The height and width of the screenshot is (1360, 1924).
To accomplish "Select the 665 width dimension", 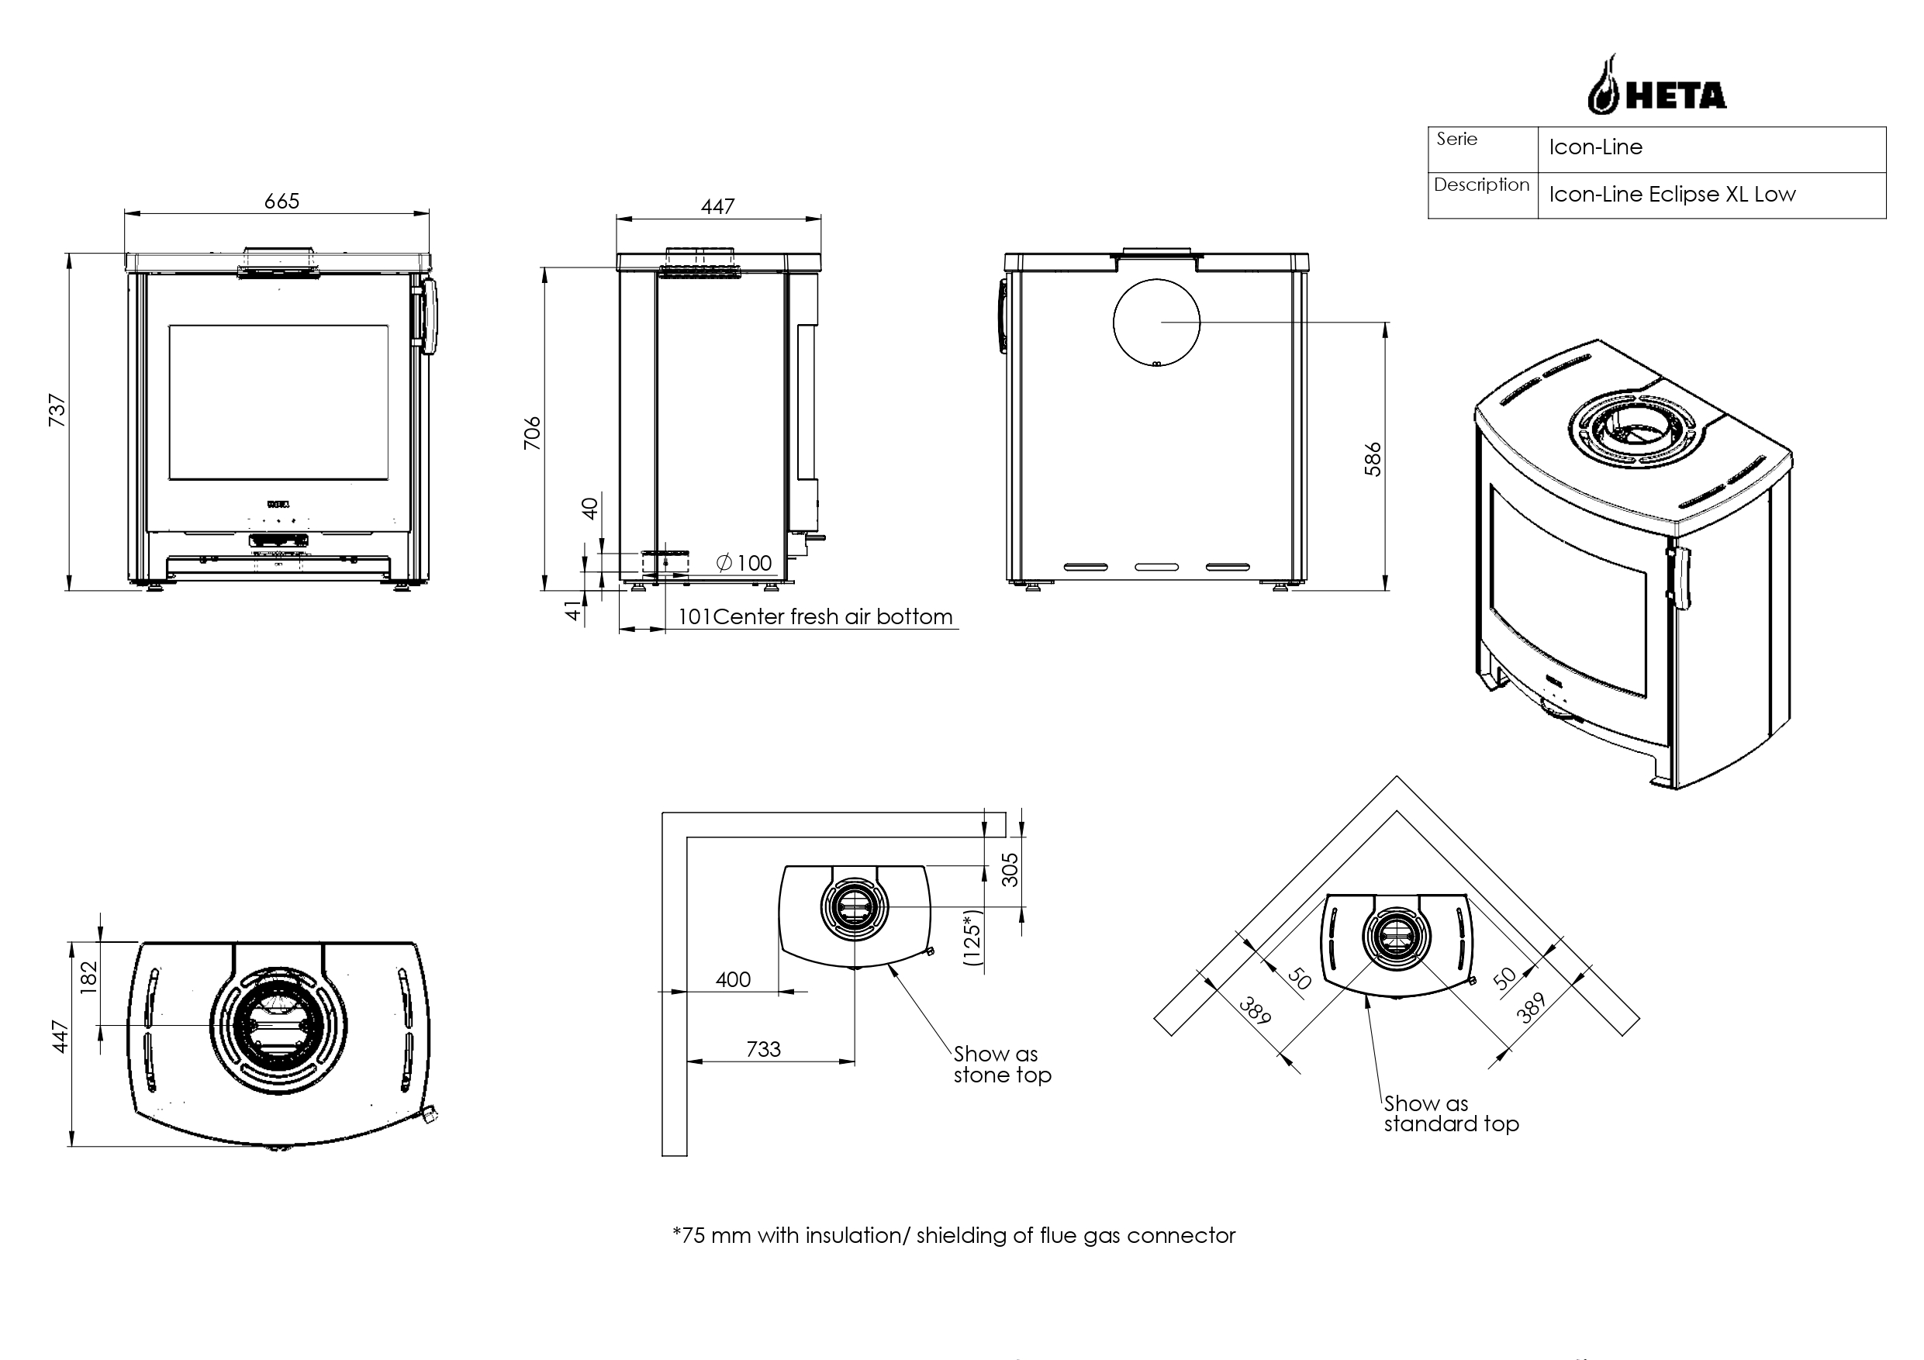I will pyautogui.click(x=282, y=202).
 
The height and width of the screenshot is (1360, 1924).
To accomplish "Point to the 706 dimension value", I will pyautogui.click(x=532, y=433).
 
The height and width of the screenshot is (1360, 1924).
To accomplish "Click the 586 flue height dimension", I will pyautogui.click(x=1373, y=459).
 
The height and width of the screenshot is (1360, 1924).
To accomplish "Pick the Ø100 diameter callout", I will pyautogui.click(x=744, y=563).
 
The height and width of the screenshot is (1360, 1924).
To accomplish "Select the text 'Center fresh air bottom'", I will pyautogui.click(x=833, y=617).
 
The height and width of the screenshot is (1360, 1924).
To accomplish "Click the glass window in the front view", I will pyautogui.click(x=278, y=402).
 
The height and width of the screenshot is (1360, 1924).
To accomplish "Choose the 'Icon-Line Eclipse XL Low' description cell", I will pyautogui.click(x=1672, y=195).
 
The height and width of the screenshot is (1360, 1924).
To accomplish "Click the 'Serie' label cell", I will pyautogui.click(x=1457, y=140).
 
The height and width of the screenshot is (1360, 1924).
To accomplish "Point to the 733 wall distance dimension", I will pyautogui.click(x=763, y=1049).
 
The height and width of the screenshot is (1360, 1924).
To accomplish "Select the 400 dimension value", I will pyautogui.click(x=734, y=979).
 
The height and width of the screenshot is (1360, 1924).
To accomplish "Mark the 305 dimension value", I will pyautogui.click(x=1010, y=869).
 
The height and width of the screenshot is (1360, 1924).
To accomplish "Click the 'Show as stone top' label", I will pyautogui.click(x=1001, y=1065).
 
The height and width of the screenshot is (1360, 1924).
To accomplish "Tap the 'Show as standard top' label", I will pyautogui.click(x=1450, y=1113).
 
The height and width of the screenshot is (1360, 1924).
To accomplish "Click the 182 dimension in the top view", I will pyautogui.click(x=89, y=977).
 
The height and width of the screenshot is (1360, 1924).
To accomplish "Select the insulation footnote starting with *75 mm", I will pyautogui.click(x=954, y=1236).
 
